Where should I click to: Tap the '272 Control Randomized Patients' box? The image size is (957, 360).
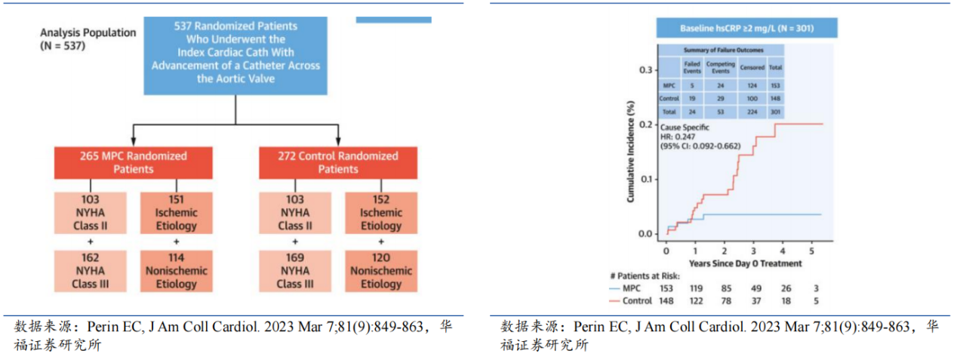point(337,162)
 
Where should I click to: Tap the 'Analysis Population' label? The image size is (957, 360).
point(88,39)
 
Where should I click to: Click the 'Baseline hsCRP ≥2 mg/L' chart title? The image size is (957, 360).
point(746,29)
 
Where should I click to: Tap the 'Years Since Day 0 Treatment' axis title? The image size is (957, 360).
point(743,263)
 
